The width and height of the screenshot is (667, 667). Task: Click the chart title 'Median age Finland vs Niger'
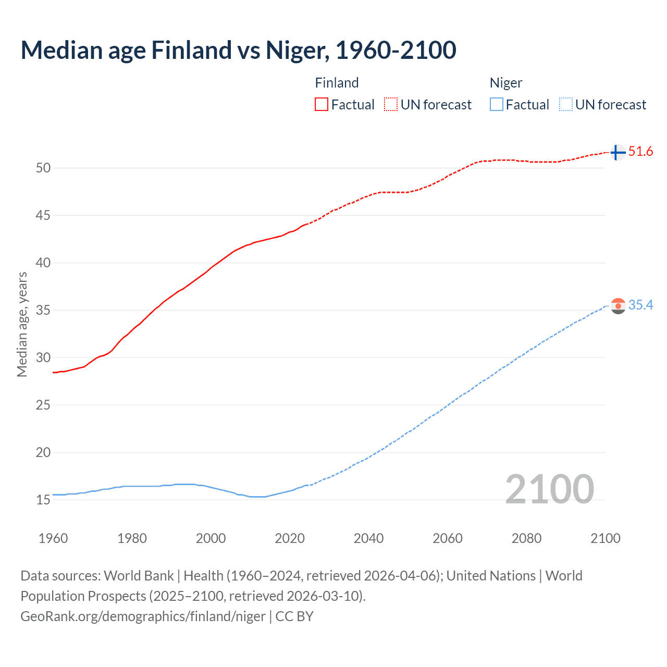(x=238, y=51)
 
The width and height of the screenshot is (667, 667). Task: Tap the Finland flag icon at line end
(x=617, y=152)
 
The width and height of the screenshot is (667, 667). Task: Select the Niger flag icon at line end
(x=618, y=306)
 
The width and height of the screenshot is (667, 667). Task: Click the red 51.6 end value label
(x=640, y=152)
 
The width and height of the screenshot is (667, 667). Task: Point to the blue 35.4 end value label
(x=640, y=305)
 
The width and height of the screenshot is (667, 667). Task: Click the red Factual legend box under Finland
(x=322, y=104)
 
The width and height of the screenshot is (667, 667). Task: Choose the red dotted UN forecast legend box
(x=391, y=104)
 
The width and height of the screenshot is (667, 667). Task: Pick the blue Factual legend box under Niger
(x=497, y=104)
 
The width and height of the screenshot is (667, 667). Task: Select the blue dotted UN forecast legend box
(x=566, y=104)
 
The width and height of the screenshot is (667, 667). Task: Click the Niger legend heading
(x=505, y=83)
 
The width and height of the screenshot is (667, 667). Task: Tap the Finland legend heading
(x=337, y=83)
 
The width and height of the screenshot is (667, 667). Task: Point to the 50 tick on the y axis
(x=43, y=168)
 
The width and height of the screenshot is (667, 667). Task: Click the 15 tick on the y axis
(x=43, y=500)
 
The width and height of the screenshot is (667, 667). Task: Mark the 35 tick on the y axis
(x=43, y=310)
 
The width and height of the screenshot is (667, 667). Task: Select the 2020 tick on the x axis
(x=290, y=538)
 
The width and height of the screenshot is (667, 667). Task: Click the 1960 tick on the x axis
(x=53, y=538)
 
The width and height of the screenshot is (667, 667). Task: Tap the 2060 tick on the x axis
(x=448, y=538)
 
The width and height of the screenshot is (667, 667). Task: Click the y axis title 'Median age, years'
(x=22, y=324)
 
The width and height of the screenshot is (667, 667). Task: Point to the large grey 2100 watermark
(x=550, y=489)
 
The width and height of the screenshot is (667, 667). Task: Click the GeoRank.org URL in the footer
(x=143, y=616)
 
